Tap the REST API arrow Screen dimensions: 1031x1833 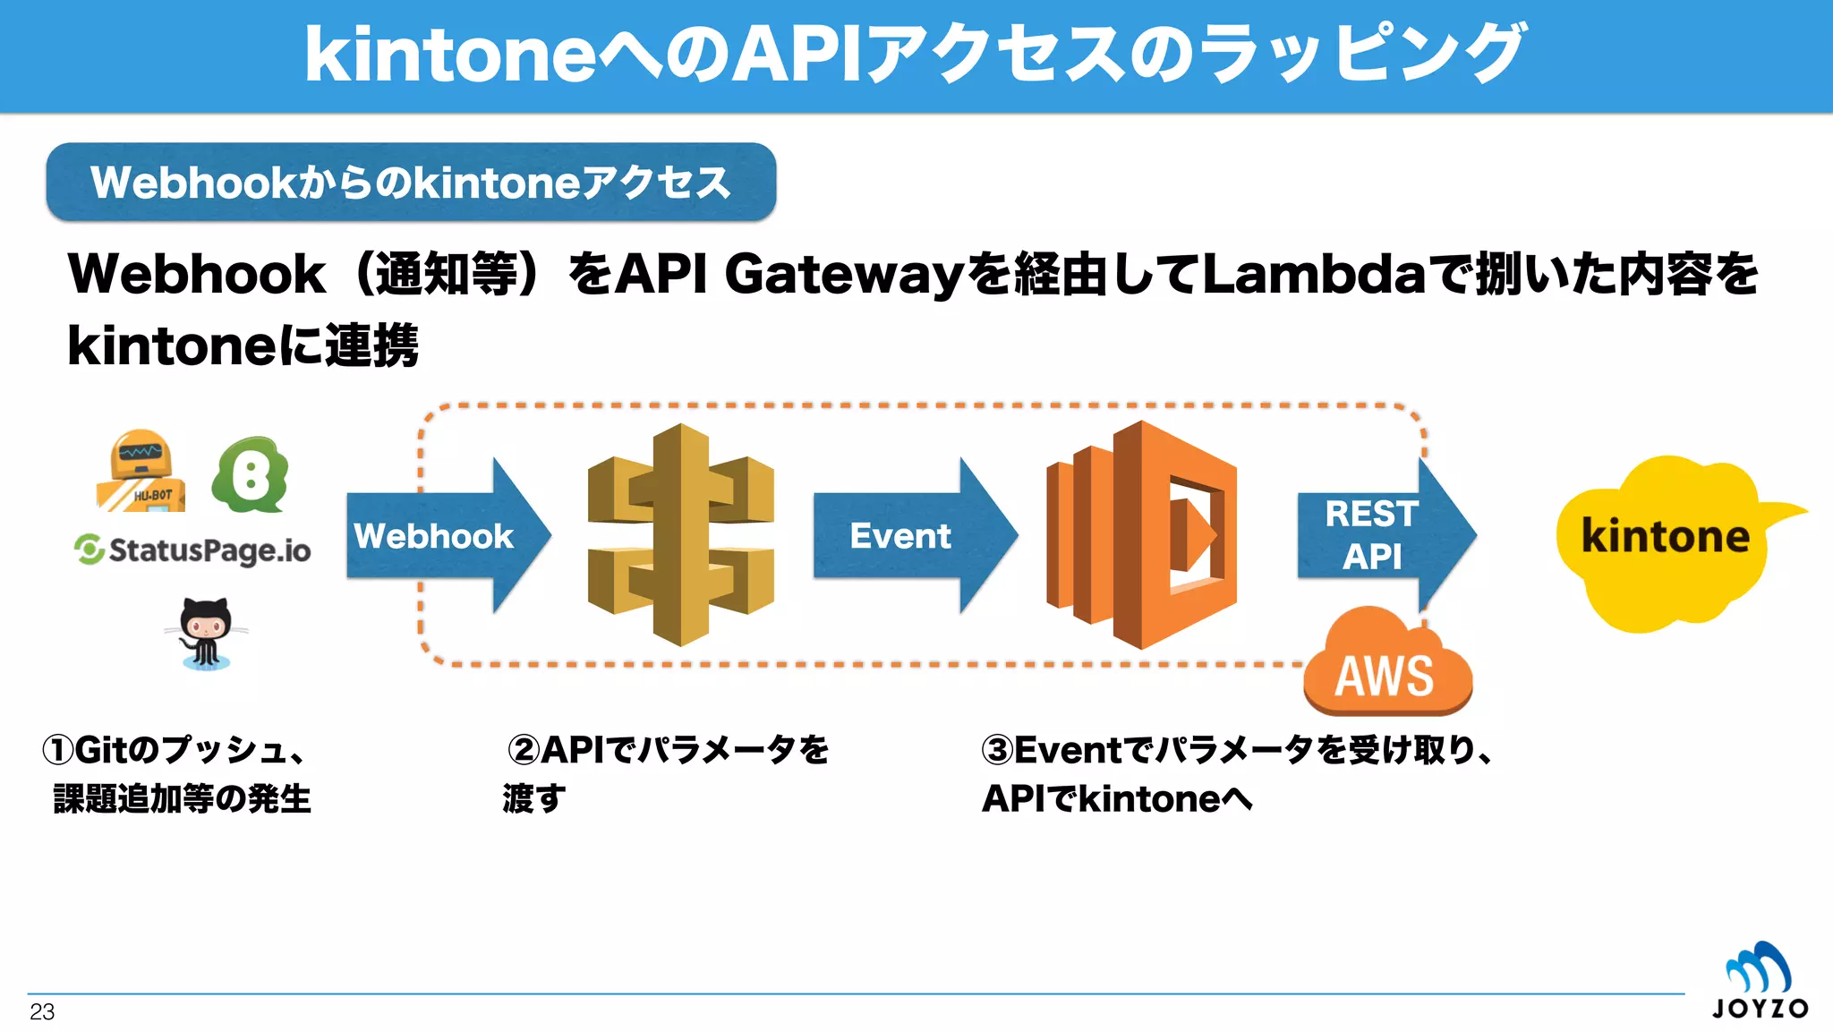(x=1378, y=536)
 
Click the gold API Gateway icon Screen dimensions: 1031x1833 (x=681, y=534)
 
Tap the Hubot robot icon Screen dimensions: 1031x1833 (x=141, y=472)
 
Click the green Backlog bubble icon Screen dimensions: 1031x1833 (x=252, y=474)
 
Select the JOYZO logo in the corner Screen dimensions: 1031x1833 (x=1759, y=981)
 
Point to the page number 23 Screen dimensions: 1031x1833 (x=42, y=1012)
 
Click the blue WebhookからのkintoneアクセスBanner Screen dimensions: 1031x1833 (x=411, y=183)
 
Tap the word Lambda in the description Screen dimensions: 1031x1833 (x=1312, y=274)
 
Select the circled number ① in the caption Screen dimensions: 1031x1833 (x=59, y=750)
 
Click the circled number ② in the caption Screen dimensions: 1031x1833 (x=524, y=750)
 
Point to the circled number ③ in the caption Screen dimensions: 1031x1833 (x=998, y=750)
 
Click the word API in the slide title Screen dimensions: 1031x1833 (x=797, y=54)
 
